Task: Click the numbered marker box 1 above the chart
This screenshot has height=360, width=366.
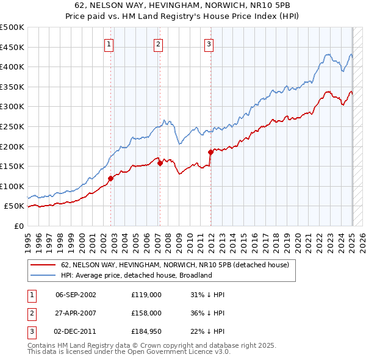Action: (x=109, y=43)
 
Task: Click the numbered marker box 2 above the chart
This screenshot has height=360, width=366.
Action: (x=158, y=43)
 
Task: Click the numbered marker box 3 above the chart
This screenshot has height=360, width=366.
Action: (x=209, y=43)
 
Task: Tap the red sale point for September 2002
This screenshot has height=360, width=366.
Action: (x=111, y=178)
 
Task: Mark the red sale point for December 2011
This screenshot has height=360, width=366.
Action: (x=210, y=152)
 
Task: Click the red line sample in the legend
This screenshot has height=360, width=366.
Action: (x=43, y=265)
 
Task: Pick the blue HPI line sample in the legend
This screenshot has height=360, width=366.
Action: (x=43, y=275)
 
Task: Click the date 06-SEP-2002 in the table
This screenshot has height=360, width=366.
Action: (x=76, y=295)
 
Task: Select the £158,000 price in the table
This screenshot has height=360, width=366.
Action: (x=146, y=313)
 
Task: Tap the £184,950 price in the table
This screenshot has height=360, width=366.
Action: (x=146, y=331)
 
